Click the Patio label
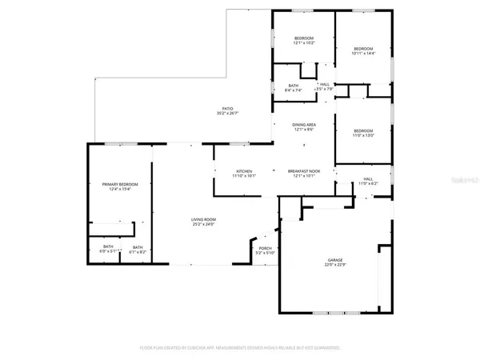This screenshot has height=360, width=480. click(x=228, y=108)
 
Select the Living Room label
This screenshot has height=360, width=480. click(x=203, y=219)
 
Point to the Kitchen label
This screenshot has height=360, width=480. click(x=244, y=171)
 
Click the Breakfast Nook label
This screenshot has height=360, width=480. click(x=304, y=171)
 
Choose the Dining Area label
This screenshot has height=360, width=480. click(x=303, y=125)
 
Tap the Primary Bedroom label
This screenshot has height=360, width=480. click(x=116, y=184)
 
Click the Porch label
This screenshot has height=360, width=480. click(x=265, y=249)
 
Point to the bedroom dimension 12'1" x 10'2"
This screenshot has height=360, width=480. click(x=303, y=43)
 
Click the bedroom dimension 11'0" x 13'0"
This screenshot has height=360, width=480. click(x=363, y=135)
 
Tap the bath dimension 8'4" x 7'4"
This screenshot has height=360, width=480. click(x=294, y=90)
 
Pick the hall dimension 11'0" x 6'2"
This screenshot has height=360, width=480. click(x=368, y=184)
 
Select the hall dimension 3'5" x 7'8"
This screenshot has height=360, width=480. click(x=324, y=89)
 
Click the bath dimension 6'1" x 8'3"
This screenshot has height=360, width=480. click(x=138, y=252)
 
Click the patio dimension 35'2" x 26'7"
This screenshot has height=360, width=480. click(x=228, y=113)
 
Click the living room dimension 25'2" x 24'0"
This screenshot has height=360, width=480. click(x=203, y=224)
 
